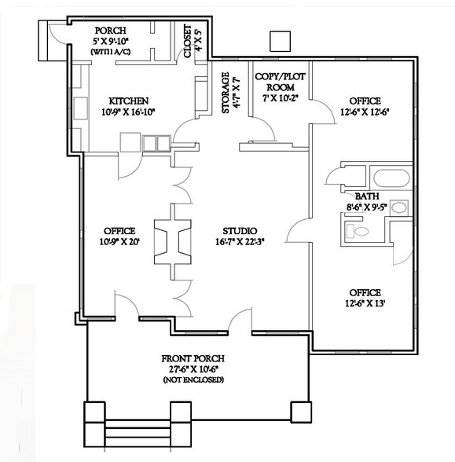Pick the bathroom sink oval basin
coord(399,208)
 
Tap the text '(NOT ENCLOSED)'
coord(193,379)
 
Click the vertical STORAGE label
coord(226,94)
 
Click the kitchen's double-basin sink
coord(156,142)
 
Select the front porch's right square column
coord(300,412)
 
